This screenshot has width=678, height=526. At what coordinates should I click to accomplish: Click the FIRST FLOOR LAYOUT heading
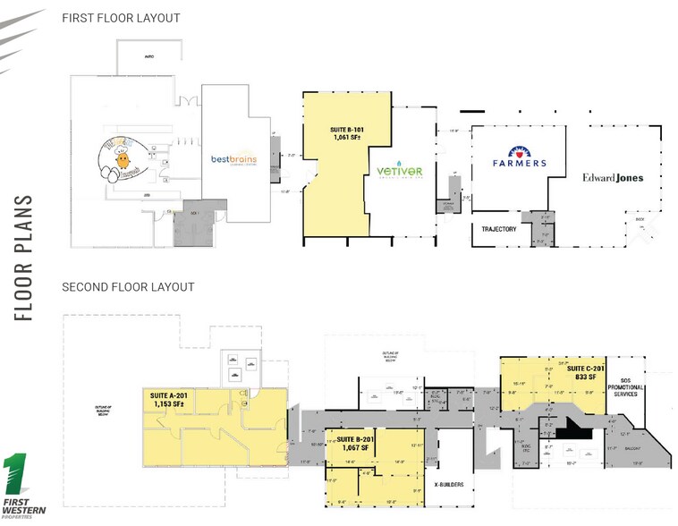pyautogui.click(x=121, y=18)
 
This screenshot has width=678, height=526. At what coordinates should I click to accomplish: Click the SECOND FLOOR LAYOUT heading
pyautogui.click(x=128, y=287)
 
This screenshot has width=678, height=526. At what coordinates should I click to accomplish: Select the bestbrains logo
pyautogui.click(x=233, y=160)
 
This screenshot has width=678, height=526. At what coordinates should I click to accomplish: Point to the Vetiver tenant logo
pyautogui.click(x=398, y=171)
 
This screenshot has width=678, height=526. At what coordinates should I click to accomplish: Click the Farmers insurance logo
pyautogui.click(x=519, y=158)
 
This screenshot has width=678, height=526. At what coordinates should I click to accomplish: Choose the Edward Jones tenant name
pyautogui.click(x=613, y=178)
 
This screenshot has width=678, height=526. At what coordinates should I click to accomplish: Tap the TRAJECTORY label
pyautogui.click(x=498, y=229)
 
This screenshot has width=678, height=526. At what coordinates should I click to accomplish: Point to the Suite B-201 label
pyautogui.click(x=355, y=439)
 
